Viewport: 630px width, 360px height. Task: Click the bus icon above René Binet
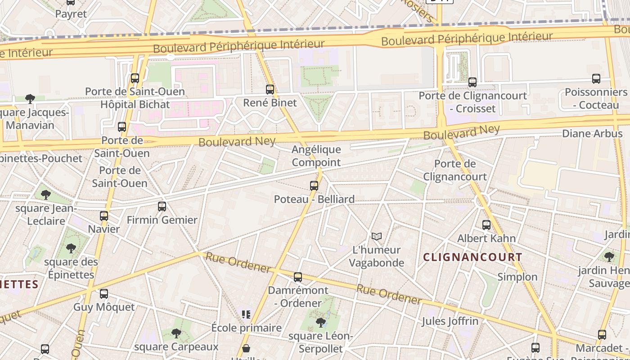tap(270, 89)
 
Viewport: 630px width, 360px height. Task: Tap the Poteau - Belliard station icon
tap(314, 185)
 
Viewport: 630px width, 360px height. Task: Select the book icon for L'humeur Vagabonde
tap(377, 236)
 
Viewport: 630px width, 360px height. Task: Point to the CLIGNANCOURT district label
tap(473, 257)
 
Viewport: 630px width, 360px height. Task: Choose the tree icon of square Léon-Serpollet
tap(321, 322)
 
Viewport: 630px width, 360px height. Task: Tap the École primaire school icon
tap(246, 314)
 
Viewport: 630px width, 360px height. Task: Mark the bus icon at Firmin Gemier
tap(162, 207)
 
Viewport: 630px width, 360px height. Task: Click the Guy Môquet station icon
tap(104, 294)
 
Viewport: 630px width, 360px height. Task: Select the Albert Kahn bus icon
tap(486, 225)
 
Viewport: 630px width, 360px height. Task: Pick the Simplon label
tap(517, 277)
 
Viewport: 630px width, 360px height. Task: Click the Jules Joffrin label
tap(450, 321)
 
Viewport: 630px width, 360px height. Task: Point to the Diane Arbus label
tap(592, 134)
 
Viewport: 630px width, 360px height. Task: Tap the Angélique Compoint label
tap(316, 156)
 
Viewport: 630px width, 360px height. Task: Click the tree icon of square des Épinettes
tap(71, 248)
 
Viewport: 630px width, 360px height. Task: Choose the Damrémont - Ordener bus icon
tap(298, 277)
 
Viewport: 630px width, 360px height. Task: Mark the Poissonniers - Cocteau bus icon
tap(596, 79)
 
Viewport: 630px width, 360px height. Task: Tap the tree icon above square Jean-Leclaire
tap(45, 195)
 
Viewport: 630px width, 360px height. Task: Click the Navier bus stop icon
tap(104, 216)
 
